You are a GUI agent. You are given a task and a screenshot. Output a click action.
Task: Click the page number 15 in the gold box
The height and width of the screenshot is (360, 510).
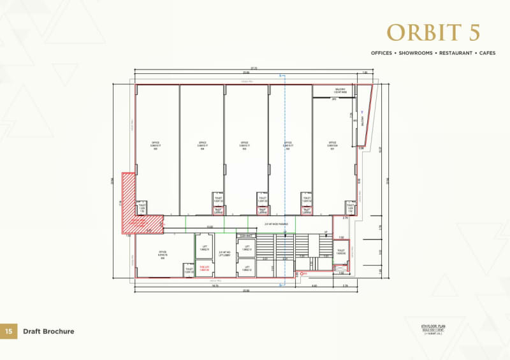8,331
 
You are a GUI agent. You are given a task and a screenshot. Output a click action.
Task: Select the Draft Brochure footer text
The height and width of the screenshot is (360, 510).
48,331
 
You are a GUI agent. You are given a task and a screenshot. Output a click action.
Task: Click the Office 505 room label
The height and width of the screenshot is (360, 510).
156,144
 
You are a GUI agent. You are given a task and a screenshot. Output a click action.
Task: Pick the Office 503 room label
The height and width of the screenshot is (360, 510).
244,144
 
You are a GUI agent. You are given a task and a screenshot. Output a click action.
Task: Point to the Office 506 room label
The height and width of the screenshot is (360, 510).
163,253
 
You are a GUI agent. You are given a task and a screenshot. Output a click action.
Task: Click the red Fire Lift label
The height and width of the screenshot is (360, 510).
205,268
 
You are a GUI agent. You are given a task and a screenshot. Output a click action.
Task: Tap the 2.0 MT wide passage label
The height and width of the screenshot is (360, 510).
276,224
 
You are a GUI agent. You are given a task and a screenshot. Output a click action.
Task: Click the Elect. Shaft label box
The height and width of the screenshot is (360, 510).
245,236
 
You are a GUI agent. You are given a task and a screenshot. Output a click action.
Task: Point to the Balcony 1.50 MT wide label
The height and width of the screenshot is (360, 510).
340,90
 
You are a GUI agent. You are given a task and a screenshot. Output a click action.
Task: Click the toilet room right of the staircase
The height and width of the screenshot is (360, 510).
341,252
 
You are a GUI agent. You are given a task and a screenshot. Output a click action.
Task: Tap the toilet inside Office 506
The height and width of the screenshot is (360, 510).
189,270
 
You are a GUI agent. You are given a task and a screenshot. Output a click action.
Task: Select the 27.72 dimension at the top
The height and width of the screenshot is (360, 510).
253,68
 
